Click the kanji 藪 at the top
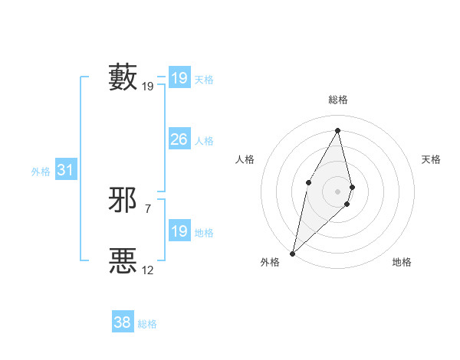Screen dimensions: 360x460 (123, 77)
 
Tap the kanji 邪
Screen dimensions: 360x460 (123, 200)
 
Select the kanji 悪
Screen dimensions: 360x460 (123, 260)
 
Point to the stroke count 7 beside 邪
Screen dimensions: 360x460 (148, 208)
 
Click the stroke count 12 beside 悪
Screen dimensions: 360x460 (148, 270)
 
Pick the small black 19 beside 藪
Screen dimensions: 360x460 (148, 87)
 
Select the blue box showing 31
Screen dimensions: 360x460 (65, 170)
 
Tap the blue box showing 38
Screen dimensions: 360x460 (122, 322)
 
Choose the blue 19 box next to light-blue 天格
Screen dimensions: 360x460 (179, 77)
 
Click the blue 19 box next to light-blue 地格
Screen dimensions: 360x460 (179, 231)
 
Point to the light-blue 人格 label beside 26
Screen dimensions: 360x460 (205, 141)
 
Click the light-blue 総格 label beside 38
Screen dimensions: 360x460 (147, 324)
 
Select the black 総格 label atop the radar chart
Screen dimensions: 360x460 (338, 100)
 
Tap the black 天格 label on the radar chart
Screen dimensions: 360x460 (432, 159)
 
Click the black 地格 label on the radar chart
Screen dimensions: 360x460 (402, 262)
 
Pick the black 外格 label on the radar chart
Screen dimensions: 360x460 (270, 262)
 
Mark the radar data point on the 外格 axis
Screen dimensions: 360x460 (293, 253)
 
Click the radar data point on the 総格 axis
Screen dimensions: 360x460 (338, 130)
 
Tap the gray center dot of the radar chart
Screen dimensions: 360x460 (338, 191)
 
